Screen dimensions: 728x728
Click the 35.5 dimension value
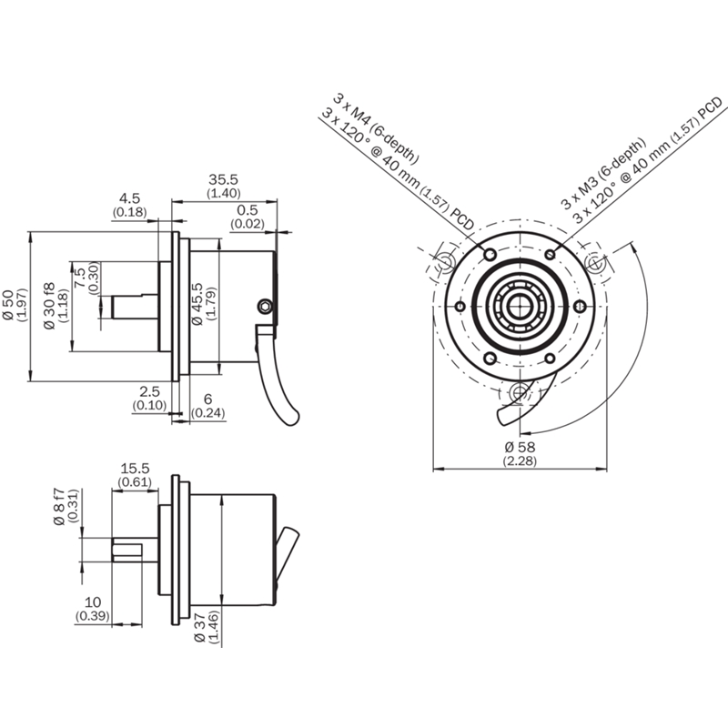click(x=223, y=179)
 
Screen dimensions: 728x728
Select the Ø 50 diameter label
click(x=8, y=305)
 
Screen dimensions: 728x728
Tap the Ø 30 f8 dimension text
click(x=50, y=306)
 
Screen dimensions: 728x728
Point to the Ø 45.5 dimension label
click(x=197, y=304)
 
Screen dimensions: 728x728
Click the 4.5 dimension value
click(x=129, y=198)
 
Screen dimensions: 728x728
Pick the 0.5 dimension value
click(x=247, y=210)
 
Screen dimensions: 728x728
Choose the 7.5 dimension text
click(x=80, y=278)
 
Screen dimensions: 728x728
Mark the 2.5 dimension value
click(x=149, y=391)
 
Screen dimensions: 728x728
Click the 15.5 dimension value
click(x=135, y=468)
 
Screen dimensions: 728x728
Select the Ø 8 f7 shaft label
click(x=59, y=507)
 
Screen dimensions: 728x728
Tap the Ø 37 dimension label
click(x=200, y=627)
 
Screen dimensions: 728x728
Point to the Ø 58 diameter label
click(x=520, y=447)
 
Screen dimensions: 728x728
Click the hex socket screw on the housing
click(x=265, y=306)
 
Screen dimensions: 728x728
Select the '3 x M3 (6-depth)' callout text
click(x=603, y=173)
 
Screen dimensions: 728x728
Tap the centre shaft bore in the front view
click(x=520, y=307)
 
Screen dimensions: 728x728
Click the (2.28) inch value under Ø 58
click(x=520, y=460)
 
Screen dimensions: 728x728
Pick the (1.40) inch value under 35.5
click(x=223, y=193)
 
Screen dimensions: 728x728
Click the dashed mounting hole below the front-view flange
click(x=520, y=393)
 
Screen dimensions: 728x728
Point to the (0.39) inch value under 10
click(x=93, y=616)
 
